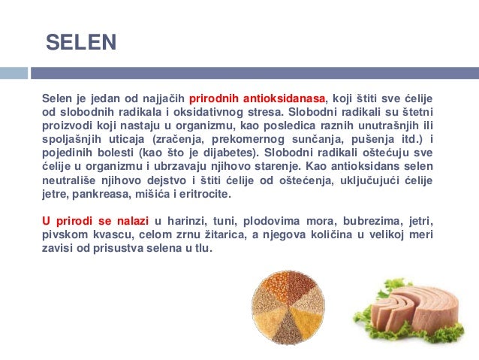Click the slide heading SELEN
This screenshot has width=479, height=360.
(x=81, y=42)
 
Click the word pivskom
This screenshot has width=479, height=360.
(x=62, y=234)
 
